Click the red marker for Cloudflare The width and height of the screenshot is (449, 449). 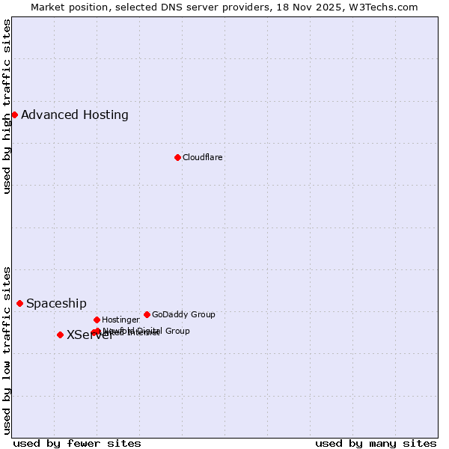pos(177,157)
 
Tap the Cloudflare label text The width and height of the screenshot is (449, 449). pos(202,157)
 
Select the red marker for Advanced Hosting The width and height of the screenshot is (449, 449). pos(14,114)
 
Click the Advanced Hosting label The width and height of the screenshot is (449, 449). pos(75,114)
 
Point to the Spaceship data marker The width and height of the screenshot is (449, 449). pos(19,303)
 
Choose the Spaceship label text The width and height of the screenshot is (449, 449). pos(56,303)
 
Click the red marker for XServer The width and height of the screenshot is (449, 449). pos(60,335)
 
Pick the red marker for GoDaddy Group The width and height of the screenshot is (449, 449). pos(147,314)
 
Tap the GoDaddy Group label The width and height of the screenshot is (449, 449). pos(183,314)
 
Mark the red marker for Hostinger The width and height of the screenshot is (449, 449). pos(97,320)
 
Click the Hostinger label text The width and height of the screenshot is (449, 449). pos(120,320)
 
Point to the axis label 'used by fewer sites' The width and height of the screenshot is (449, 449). pos(77,443)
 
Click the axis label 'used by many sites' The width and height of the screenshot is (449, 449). pos(376,443)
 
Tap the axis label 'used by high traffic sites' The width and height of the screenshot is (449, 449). pos(7,106)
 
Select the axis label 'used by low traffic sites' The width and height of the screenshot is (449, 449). pos(7,350)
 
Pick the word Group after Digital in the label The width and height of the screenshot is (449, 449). pos(177,330)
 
